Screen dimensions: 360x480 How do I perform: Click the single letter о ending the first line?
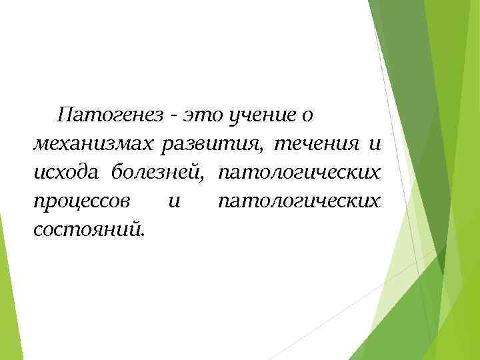pyautogui.click(x=307, y=117)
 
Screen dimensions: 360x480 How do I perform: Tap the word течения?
pyautogui.click(x=309, y=145)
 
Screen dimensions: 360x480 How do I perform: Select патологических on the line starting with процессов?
pyautogui.click(x=300, y=202)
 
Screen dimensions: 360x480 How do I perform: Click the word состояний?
pyautogui.click(x=86, y=230)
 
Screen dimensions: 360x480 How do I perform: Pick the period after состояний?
pyautogui.click(x=141, y=235)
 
